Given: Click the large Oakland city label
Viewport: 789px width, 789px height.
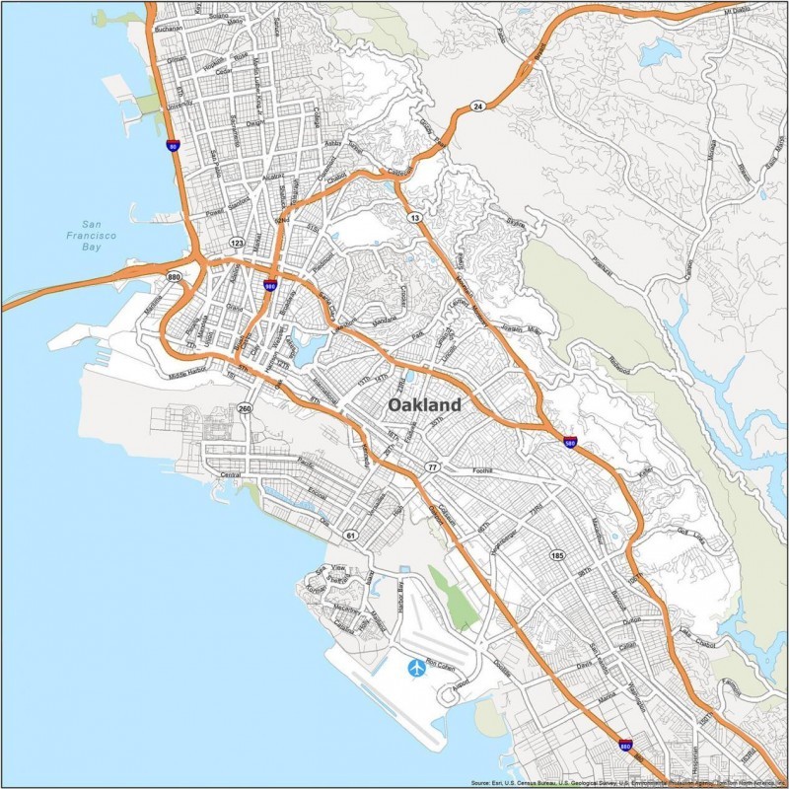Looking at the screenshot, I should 424,405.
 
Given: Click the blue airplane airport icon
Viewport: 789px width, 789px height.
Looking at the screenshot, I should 416,670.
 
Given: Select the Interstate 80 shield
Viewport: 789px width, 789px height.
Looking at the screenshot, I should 173,145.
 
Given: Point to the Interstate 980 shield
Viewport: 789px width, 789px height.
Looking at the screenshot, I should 269,285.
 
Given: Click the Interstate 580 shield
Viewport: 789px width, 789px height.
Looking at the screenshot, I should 571,442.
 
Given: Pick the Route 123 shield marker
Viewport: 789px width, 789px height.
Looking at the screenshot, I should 237,242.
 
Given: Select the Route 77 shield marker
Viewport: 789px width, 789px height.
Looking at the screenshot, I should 432,466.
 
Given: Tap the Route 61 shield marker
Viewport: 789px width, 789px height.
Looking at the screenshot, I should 350,535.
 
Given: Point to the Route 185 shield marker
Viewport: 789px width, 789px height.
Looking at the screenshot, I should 558,555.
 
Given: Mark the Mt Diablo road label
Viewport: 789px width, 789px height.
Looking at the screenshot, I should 737,10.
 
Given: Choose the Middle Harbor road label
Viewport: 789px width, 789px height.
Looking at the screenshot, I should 190,376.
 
